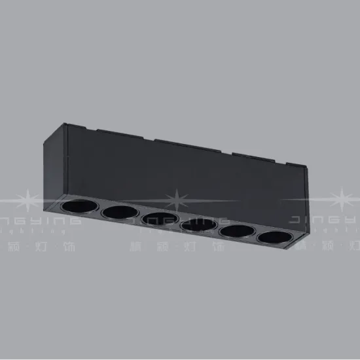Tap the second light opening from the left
click(x=118, y=213)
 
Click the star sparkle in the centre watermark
click(x=177, y=198)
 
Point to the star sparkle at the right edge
click(x=344, y=198)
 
